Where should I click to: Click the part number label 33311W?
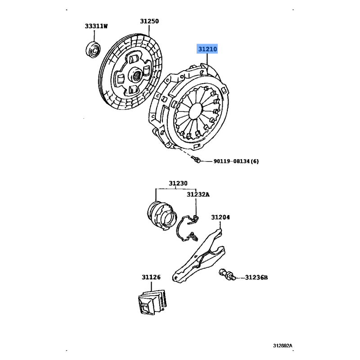(96, 26)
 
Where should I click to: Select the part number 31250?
(149, 21)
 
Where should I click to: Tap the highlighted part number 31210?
(207, 49)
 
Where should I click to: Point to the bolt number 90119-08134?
(231, 161)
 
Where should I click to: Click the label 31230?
(178, 183)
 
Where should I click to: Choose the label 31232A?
(198, 194)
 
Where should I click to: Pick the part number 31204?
(220, 217)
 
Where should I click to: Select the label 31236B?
(256, 278)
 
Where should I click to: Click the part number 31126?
(151, 277)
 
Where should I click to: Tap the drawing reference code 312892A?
(283, 346)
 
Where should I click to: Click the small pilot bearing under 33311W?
(93, 49)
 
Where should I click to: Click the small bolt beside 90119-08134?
(196, 159)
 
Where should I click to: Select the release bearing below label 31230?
(162, 216)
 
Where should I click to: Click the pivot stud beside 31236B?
(227, 274)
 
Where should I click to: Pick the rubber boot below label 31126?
(153, 302)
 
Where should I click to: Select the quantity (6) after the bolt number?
(254, 161)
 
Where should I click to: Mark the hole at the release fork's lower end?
(176, 278)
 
